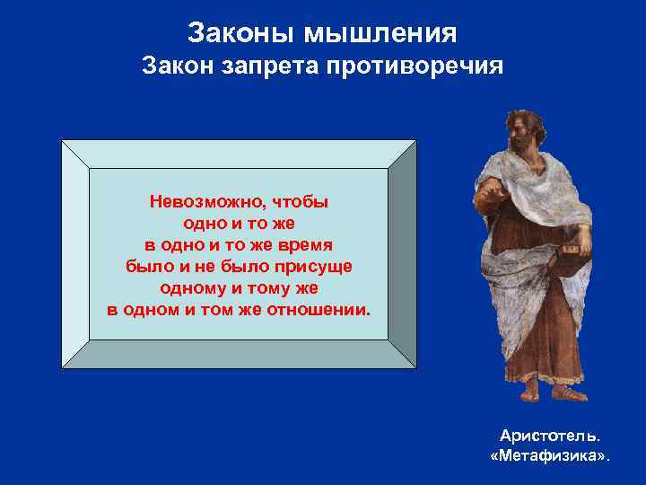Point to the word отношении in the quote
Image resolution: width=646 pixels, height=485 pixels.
click(x=318, y=311)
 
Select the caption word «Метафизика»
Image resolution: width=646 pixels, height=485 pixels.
click(x=550, y=456)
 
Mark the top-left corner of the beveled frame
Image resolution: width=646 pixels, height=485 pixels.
click(x=62, y=141)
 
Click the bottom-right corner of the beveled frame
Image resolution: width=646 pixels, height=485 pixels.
click(x=415, y=367)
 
